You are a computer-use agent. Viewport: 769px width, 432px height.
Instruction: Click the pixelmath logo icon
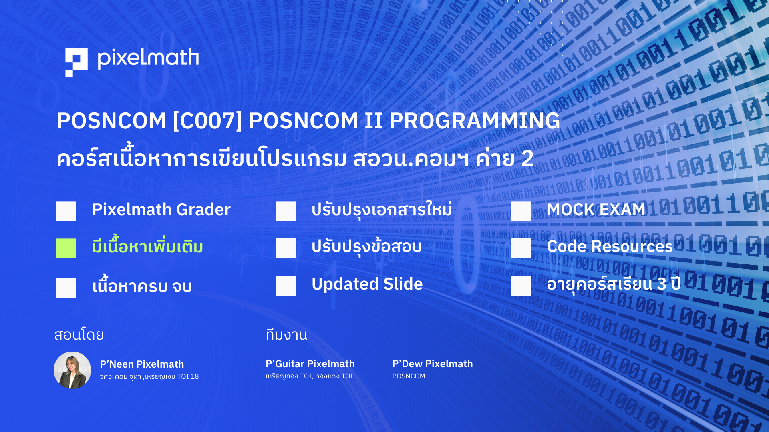click(76, 62)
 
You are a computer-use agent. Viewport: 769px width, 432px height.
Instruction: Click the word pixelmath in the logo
click(148, 58)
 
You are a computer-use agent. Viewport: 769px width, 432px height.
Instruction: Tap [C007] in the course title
click(207, 120)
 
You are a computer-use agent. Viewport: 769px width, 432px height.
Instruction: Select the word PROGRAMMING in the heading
click(475, 120)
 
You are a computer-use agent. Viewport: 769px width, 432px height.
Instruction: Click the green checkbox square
click(66, 248)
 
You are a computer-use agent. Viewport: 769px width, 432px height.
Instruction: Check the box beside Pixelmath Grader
click(66, 211)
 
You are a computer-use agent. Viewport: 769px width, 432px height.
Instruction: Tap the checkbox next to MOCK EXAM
click(521, 211)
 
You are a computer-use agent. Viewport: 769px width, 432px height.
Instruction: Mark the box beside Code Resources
click(521, 248)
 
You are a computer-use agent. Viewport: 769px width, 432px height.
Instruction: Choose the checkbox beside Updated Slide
click(286, 286)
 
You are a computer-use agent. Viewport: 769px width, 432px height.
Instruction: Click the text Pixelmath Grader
click(161, 210)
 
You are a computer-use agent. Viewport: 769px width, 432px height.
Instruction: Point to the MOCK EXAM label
click(596, 210)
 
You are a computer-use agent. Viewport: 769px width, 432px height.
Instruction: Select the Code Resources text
click(610, 246)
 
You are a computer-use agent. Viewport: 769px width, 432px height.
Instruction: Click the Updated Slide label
click(367, 284)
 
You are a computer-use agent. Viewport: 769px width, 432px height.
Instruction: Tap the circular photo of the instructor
click(72, 370)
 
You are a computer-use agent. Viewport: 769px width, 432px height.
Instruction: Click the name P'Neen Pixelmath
click(142, 364)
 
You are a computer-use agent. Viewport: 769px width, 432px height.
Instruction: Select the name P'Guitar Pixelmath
click(310, 364)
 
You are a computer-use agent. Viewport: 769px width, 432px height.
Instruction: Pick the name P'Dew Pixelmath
click(433, 364)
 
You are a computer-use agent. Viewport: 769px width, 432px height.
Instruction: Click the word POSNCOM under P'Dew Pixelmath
click(409, 376)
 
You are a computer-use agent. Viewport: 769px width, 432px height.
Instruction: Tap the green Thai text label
click(147, 246)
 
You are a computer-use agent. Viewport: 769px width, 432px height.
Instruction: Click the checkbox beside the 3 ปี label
click(521, 286)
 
